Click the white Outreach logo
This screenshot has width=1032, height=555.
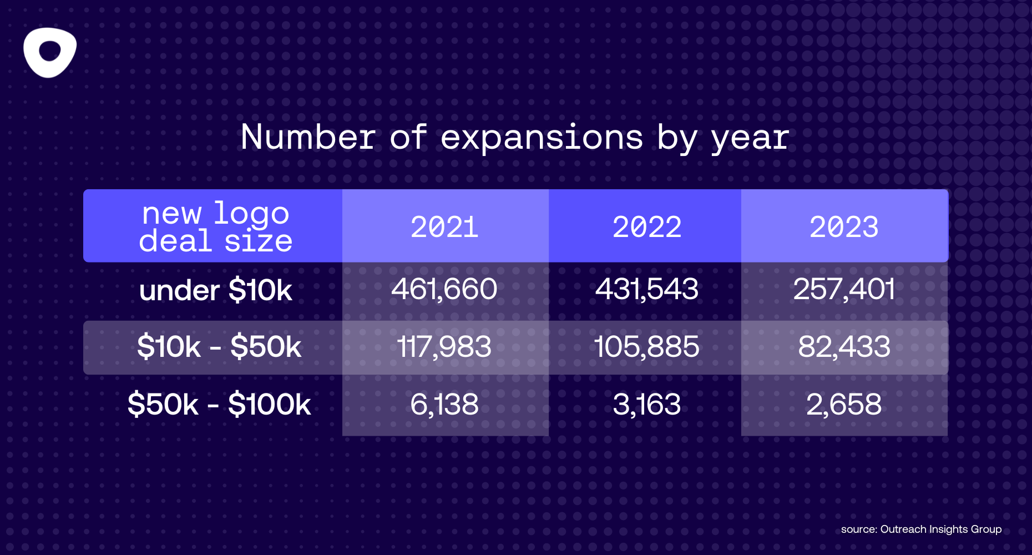click(50, 52)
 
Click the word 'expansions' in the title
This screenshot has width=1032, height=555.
click(542, 137)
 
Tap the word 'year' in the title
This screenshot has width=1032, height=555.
click(750, 138)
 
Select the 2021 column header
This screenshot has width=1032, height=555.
click(444, 227)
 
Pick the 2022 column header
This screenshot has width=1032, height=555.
click(647, 227)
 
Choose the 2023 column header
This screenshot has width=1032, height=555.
click(844, 227)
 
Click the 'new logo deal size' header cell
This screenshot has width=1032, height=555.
click(215, 227)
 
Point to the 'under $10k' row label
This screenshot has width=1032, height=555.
click(215, 290)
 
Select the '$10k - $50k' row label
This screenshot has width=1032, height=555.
click(219, 347)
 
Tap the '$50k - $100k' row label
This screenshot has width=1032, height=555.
click(219, 404)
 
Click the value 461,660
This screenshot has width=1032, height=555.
click(444, 289)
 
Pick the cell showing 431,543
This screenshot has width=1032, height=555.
click(647, 289)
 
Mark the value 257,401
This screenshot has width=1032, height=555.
click(844, 289)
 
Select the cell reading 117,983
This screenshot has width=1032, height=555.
click(444, 347)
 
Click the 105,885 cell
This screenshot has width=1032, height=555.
click(647, 347)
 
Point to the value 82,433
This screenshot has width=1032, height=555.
click(844, 347)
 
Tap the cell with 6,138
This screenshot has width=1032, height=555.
click(444, 404)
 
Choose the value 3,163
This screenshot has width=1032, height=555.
click(647, 404)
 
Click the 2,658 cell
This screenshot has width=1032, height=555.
click(844, 404)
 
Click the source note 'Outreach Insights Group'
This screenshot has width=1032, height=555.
click(940, 529)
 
